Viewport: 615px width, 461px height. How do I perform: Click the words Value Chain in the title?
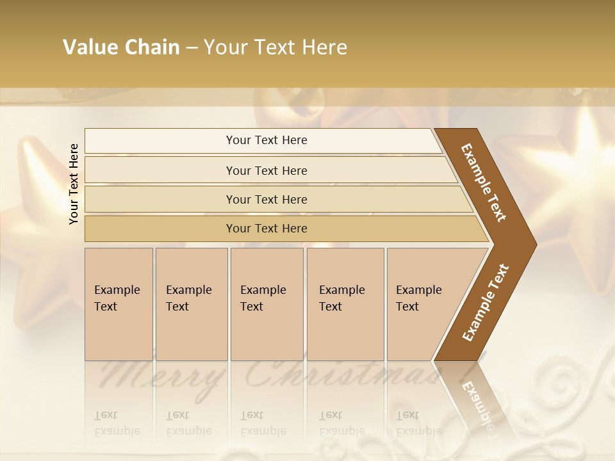[121, 47]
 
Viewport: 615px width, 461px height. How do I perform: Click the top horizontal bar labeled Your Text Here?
[266, 140]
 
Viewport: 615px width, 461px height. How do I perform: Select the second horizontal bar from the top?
[266, 170]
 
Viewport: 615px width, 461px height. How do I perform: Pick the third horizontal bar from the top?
[266, 199]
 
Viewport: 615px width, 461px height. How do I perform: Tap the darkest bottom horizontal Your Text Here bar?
[266, 229]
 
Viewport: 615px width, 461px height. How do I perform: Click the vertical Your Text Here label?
[74, 184]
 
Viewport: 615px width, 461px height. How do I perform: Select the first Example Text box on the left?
[119, 303]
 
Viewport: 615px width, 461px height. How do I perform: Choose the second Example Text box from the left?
[191, 303]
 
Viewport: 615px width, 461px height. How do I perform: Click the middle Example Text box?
[266, 303]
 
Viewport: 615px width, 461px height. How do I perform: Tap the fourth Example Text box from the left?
[345, 303]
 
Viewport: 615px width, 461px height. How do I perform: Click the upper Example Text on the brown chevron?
[484, 182]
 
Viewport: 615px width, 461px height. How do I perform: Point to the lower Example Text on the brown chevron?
[485, 303]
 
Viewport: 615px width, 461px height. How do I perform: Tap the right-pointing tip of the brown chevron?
[533, 244]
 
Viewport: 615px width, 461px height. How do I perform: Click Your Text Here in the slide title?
[275, 47]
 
